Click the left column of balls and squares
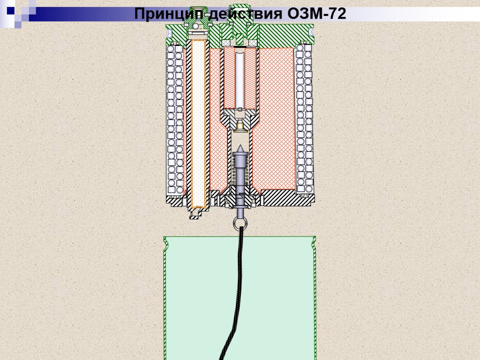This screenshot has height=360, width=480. (175, 120)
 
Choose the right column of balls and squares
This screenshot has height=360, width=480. (304, 120)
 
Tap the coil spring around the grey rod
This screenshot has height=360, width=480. (240, 174)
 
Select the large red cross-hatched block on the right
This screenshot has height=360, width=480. (277, 117)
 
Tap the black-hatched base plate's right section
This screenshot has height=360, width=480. (286, 198)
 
